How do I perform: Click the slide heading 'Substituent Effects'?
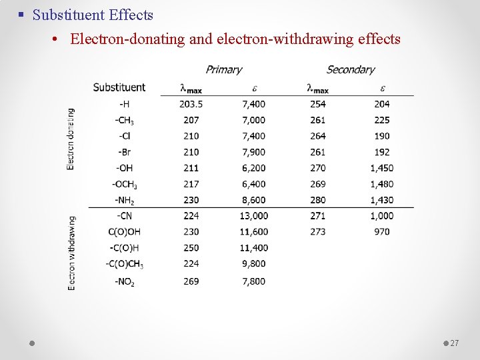tap(93, 15)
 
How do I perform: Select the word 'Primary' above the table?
tap(224, 69)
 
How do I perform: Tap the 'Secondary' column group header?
tap(351, 69)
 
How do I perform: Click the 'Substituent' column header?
tap(119, 87)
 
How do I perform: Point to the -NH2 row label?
tap(125, 200)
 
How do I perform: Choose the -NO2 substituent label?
tap(125, 281)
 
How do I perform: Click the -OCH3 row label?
tap(125, 184)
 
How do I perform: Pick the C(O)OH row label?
tap(125, 231)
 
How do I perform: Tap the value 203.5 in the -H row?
tap(191, 103)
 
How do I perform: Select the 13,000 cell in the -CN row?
tap(254, 215)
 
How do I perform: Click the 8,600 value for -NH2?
tap(254, 199)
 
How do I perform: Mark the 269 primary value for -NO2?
tap(191, 281)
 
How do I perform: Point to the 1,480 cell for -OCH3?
tap(382, 183)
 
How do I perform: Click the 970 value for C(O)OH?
tap(382, 231)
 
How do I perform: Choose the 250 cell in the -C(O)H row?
tap(191, 247)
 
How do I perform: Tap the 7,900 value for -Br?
tap(254, 151)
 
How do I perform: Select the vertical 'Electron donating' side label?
tap(71, 139)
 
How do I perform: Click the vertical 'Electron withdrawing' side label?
tap(71, 252)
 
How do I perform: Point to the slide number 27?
tap(455, 343)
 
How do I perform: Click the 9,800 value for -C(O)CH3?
tap(254, 263)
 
